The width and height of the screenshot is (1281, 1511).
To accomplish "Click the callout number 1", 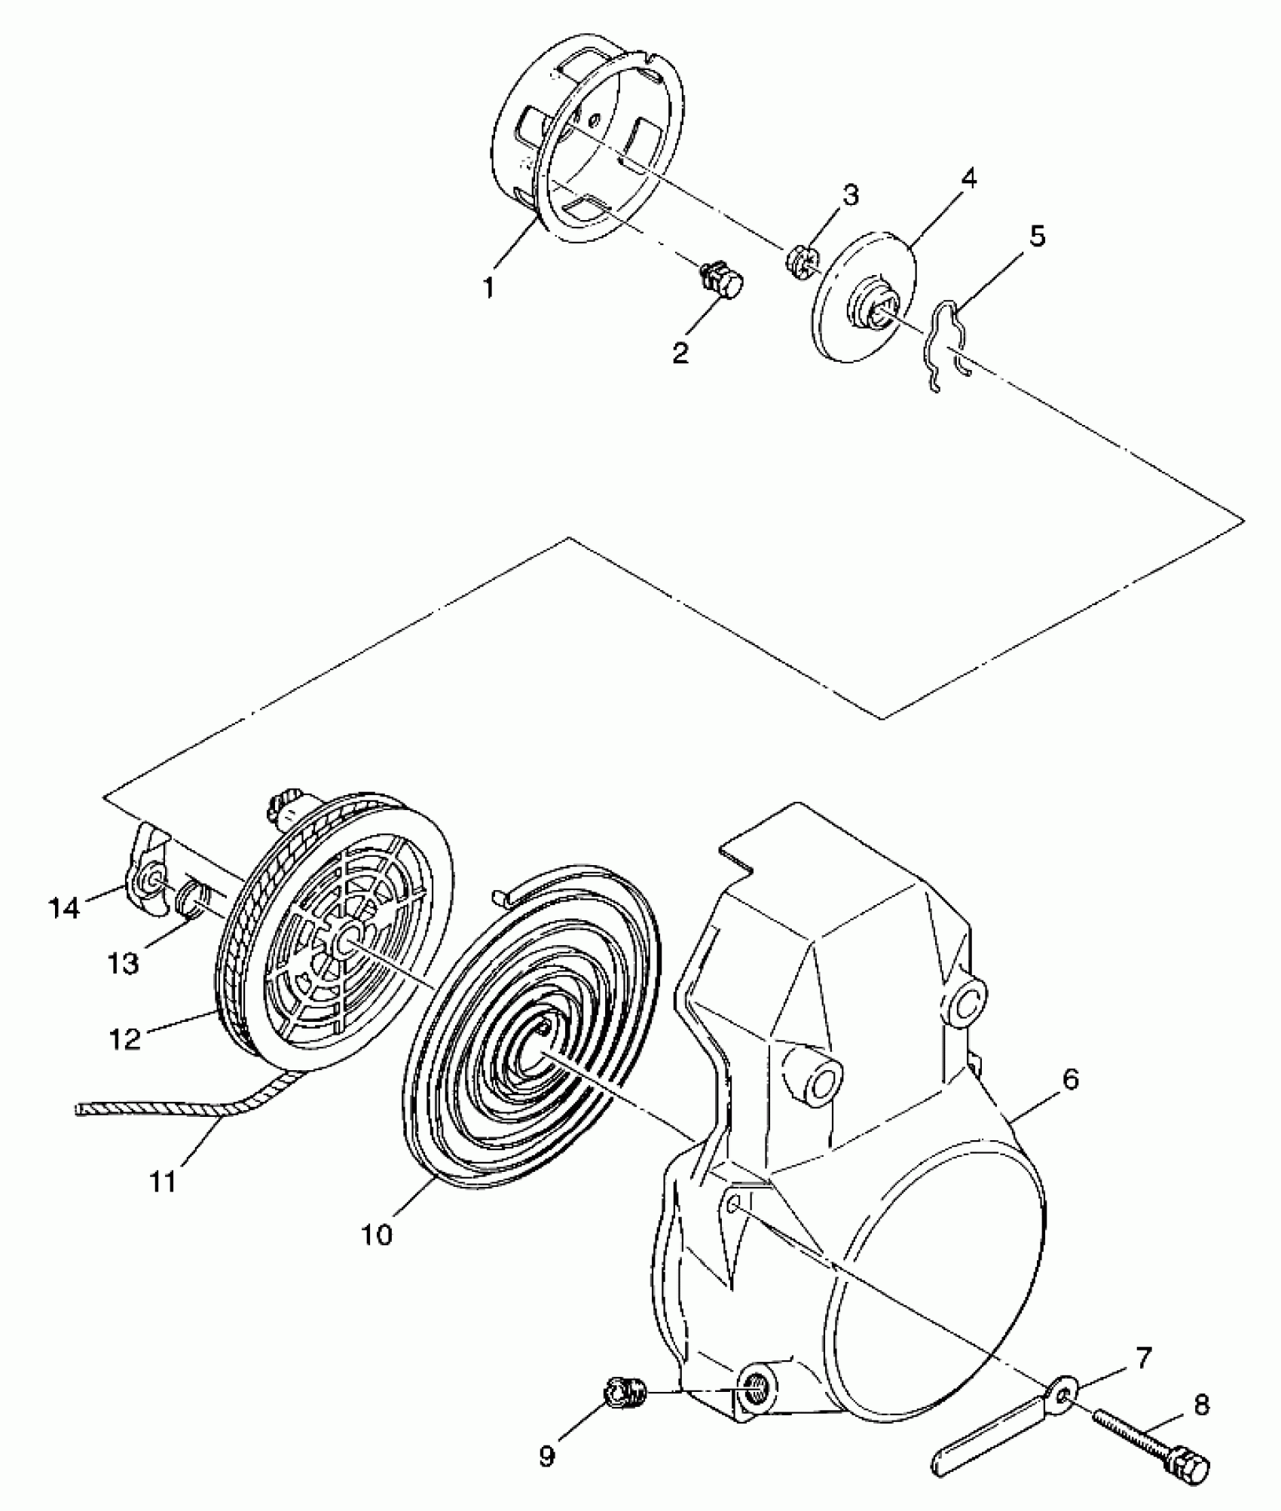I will coord(490,288).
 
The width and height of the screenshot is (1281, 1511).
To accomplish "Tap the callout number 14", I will coord(64,910).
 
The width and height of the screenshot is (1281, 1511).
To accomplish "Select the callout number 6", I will coord(1070,1081).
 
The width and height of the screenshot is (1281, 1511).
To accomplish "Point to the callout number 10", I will coord(377,1234).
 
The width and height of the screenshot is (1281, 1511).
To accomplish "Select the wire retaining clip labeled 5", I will coord(945,343).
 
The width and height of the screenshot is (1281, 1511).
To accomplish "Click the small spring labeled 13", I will coord(194,898).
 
